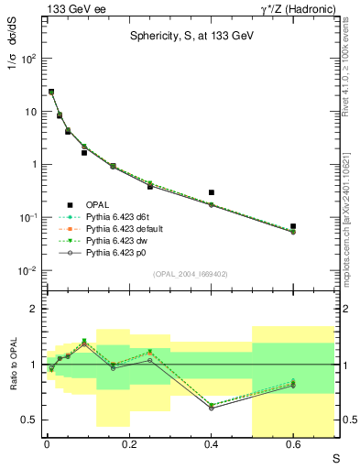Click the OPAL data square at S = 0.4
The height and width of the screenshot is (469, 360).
(212, 193)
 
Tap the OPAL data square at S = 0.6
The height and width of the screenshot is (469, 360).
(293, 226)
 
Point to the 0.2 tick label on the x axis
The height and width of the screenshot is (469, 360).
(129, 443)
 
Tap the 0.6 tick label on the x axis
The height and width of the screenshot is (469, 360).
(293, 443)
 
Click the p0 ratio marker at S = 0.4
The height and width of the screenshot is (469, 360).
(212, 408)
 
